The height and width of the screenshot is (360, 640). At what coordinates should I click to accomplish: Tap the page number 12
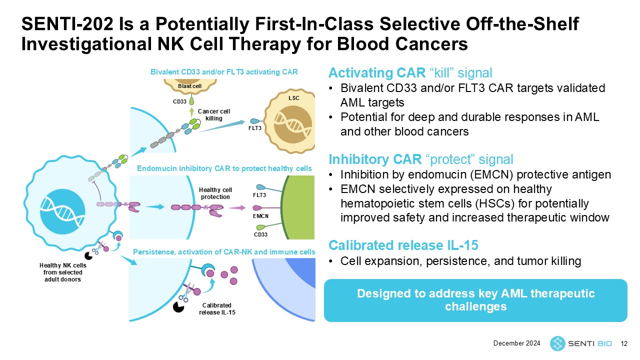pos(623,343)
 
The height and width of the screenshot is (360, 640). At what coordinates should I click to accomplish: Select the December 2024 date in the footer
pos(517,343)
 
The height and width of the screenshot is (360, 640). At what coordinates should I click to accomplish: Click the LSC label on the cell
pos(294,98)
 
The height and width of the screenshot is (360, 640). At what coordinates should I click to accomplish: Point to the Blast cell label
pos(190,86)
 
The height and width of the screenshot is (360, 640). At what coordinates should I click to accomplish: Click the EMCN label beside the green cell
pos(260,216)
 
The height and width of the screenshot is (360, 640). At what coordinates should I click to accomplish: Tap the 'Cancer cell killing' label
pos(214,115)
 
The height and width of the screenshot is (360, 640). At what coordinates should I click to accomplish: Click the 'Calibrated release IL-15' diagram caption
pos(217,309)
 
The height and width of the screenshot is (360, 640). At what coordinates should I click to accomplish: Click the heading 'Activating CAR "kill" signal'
pos(411,73)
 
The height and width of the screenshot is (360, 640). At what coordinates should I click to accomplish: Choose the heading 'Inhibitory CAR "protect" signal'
pos(420,159)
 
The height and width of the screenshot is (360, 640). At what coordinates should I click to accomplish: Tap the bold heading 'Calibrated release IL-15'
pos(403,245)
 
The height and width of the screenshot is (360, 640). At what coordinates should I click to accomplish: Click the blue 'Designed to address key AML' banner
pos(475,300)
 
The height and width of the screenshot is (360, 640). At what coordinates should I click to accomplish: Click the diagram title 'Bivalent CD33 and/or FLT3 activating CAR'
pos(224,72)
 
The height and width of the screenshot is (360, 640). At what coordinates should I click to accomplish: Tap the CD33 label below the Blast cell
pos(179,102)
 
